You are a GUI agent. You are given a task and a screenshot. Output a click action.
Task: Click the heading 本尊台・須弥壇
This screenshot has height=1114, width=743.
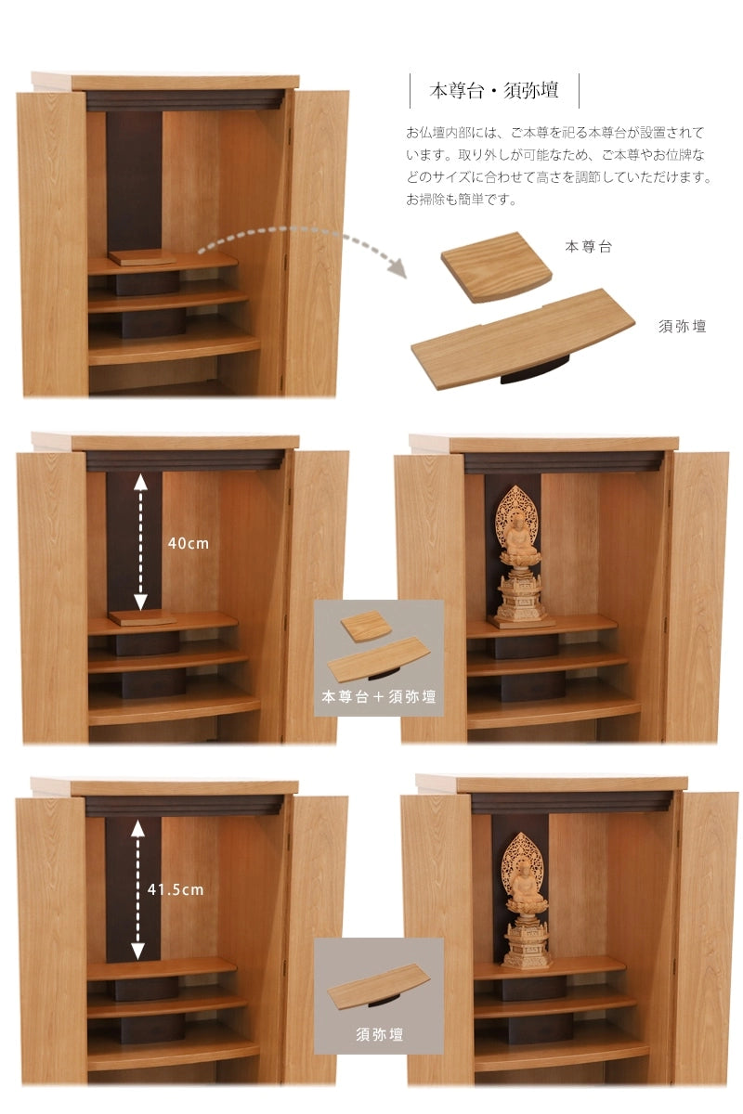(x=494, y=91)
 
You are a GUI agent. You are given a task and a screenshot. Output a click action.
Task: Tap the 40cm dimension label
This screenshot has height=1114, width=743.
(x=189, y=544)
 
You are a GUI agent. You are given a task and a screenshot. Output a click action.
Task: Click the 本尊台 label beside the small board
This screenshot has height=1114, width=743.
(x=588, y=247)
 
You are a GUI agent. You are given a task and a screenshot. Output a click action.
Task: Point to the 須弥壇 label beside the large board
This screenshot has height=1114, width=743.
(x=683, y=326)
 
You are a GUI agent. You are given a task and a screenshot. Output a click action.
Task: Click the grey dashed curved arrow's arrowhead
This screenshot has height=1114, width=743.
(x=398, y=268)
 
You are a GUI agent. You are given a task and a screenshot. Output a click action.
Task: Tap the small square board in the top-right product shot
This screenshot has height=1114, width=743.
(x=497, y=267)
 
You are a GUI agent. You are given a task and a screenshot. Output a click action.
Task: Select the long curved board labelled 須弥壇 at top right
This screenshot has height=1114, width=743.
(x=523, y=338)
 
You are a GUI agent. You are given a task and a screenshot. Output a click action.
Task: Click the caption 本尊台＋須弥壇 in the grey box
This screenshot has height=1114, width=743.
(x=379, y=697)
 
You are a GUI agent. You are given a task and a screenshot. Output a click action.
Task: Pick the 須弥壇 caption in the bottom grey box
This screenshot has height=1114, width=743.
(x=379, y=1035)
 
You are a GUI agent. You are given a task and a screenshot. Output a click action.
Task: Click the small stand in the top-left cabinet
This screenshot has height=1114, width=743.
(x=142, y=257)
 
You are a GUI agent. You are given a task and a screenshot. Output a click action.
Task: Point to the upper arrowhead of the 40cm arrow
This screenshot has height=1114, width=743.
(x=140, y=483)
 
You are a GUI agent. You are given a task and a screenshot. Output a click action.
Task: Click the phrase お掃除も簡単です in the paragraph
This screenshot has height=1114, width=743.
(x=461, y=200)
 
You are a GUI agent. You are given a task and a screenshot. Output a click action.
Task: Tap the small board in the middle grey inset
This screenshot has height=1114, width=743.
(x=366, y=627)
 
